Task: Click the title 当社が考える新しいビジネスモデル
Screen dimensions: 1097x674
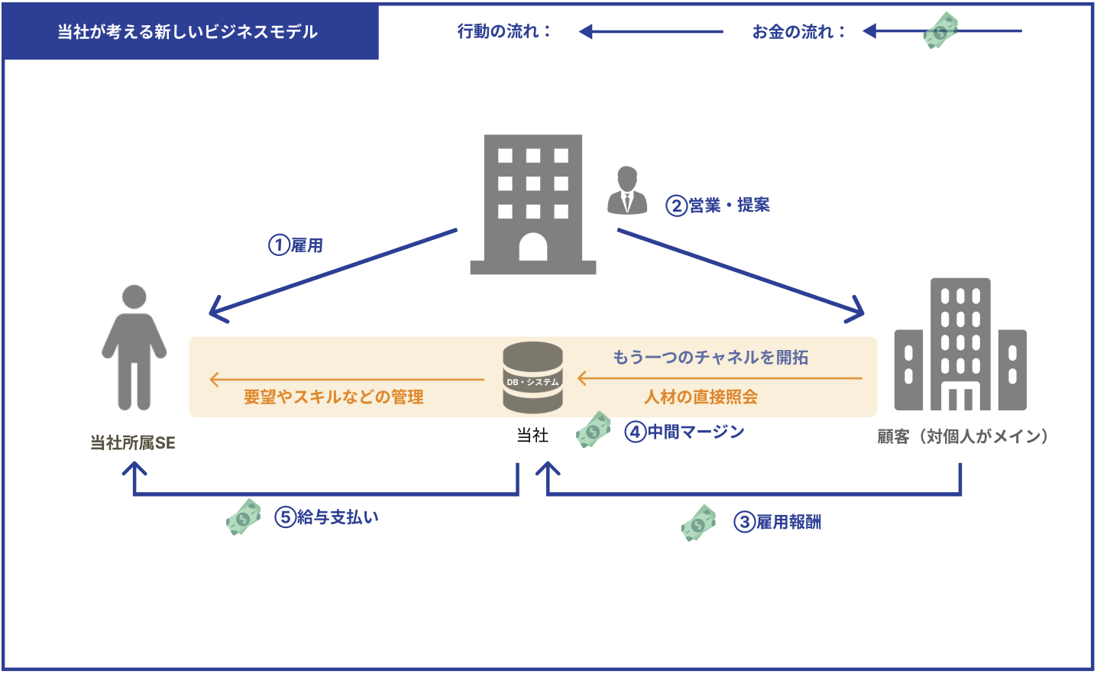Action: (x=188, y=32)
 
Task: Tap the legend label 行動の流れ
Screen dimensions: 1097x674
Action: (x=504, y=31)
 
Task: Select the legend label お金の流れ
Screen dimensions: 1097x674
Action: (x=798, y=31)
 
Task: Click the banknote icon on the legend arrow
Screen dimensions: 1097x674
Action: (x=940, y=31)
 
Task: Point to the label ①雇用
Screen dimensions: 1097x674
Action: (x=296, y=245)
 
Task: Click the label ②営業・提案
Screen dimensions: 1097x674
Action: (x=717, y=206)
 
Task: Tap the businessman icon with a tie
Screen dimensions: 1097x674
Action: (x=627, y=190)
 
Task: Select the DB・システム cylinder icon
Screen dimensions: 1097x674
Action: (x=532, y=378)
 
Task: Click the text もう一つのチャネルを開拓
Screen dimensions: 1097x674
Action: (x=710, y=357)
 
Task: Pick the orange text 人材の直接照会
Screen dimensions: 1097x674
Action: (x=701, y=397)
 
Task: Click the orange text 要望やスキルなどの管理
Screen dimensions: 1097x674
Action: (x=334, y=397)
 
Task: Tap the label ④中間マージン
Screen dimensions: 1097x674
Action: (x=684, y=432)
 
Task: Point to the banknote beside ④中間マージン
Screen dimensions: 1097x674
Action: (x=593, y=429)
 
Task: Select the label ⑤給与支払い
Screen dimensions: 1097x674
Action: (x=326, y=517)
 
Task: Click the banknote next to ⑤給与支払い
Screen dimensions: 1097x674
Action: (x=244, y=517)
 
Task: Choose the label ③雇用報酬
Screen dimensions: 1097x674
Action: (x=777, y=522)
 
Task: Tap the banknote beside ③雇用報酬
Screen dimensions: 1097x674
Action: (x=698, y=523)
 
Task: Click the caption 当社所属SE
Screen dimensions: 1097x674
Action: (x=133, y=442)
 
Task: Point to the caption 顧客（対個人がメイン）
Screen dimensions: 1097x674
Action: (x=963, y=436)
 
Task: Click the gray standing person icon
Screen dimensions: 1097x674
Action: (x=134, y=347)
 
